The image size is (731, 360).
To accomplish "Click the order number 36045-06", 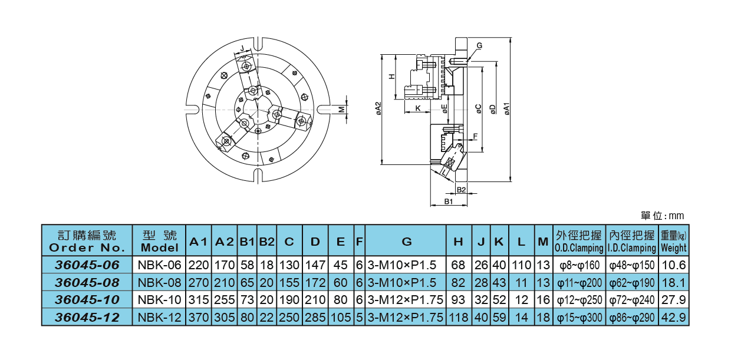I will pos(87,265).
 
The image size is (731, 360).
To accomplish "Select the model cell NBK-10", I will pos(159,300).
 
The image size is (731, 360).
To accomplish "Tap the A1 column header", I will pos(198,242).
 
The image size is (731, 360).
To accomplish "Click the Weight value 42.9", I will pos(674,318).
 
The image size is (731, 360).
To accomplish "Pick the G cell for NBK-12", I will pos(406,318).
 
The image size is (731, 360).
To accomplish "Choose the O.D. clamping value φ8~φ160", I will pos(578,265).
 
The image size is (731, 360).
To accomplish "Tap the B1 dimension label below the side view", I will pos(448,202).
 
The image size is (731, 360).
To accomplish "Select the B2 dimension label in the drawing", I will pos(462,190).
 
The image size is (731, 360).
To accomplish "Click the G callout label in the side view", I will pos(479,45).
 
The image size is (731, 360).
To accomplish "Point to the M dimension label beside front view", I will pos(341,109).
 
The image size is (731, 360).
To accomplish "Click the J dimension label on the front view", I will pos(242,48).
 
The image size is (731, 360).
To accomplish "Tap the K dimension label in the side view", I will pos(417,108).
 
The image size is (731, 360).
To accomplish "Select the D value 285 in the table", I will pos(315,318).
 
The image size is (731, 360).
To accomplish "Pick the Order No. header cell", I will pos(87,242).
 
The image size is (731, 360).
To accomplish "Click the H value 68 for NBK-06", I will pos(458,265).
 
